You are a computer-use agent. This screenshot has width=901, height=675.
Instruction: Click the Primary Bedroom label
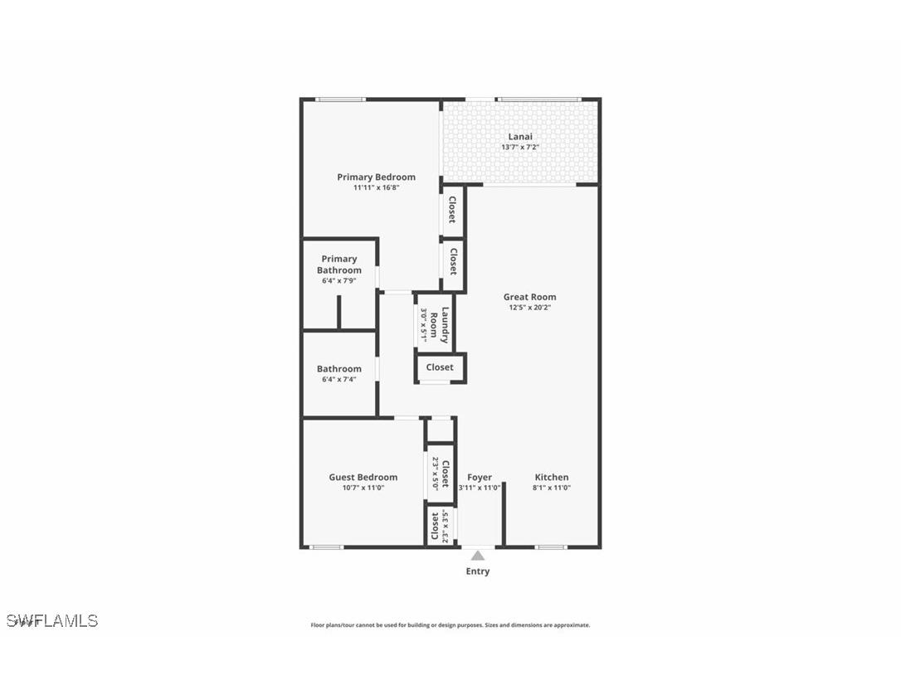click(x=376, y=177)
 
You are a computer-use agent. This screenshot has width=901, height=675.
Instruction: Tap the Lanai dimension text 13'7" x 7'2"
click(x=520, y=148)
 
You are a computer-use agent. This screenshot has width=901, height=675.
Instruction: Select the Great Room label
click(x=529, y=297)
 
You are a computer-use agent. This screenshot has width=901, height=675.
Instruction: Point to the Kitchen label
click(x=552, y=477)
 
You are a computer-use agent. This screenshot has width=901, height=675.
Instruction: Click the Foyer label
click(x=480, y=477)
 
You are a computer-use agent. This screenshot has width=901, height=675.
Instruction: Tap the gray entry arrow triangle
click(x=478, y=556)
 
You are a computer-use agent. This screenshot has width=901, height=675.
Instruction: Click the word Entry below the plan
click(x=478, y=571)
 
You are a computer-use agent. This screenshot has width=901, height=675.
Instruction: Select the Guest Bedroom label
click(x=363, y=477)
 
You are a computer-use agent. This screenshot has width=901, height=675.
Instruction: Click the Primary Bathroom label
click(x=339, y=265)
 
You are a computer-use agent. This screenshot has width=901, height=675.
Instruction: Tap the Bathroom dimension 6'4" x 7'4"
click(x=339, y=380)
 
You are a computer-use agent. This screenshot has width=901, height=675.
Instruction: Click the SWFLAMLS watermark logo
click(x=52, y=620)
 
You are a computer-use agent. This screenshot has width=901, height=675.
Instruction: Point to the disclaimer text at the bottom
click(x=450, y=625)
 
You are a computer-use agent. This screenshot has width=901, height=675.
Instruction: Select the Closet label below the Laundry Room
click(x=440, y=367)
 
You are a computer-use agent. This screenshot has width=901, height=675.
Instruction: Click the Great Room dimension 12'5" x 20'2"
click(x=529, y=308)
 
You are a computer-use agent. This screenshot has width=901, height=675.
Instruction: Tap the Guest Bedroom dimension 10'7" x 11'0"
click(x=363, y=488)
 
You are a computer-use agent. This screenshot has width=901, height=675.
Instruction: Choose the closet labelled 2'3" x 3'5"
click(x=439, y=526)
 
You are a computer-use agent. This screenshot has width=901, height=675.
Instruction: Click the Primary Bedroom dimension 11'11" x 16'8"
click(x=376, y=187)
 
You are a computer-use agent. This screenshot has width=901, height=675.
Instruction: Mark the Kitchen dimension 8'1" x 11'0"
click(x=552, y=488)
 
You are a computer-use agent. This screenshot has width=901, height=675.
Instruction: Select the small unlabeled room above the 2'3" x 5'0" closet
click(x=440, y=430)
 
